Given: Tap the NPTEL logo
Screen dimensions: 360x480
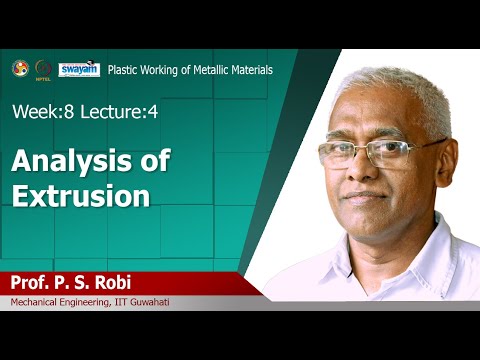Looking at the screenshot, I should click(x=42, y=69).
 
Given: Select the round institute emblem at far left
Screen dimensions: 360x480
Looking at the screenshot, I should click(x=19, y=68).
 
